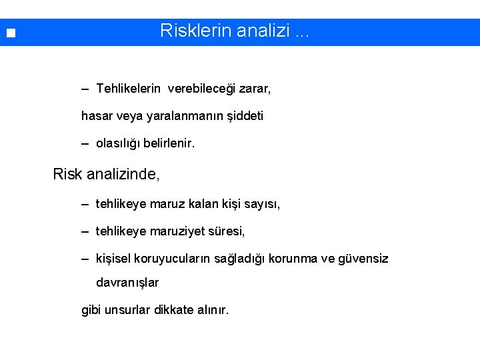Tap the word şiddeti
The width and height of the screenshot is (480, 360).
[245, 116]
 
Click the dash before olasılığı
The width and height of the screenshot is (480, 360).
[85, 143]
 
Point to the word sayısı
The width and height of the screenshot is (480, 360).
[262, 204]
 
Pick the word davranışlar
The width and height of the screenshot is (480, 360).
[127, 283]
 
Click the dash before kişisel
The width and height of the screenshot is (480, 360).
[85, 259]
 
